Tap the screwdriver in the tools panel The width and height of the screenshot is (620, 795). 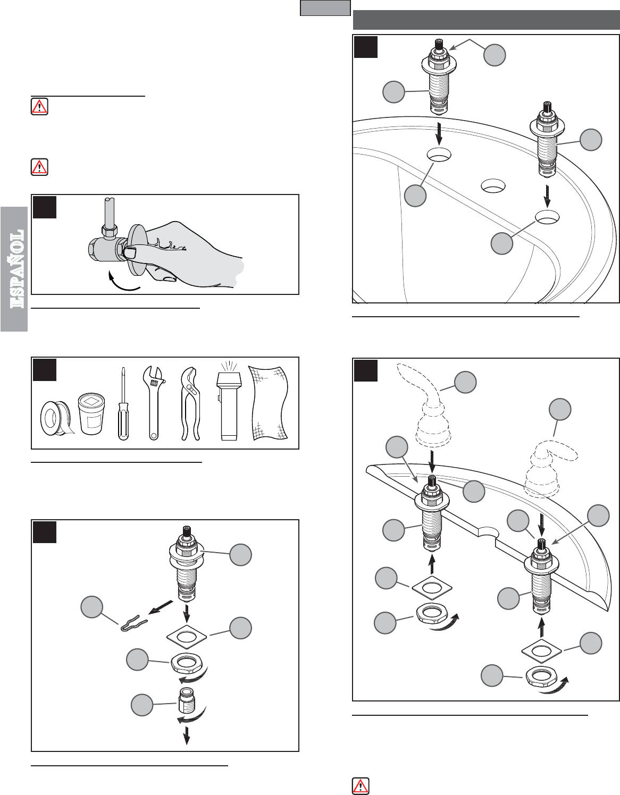pyautogui.click(x=123, y=404)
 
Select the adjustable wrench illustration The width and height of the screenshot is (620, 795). pyautogui.click(x=154, y=402)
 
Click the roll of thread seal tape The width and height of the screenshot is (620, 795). pyautogui.click(x=56, y=418)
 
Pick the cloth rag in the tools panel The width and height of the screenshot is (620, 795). pyautogui.click(x=269, y=402)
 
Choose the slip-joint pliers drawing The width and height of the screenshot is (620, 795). pyautogui.click(x=191, y=404)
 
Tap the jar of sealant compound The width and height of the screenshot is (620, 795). pyautogui.click(x=91, y=414)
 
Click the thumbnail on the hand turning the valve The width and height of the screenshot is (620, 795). pyautogui.click(x=130, y=252)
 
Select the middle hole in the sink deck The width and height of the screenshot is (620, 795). pyautogui.click(x=492, y=185)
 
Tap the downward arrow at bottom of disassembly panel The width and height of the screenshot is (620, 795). pyautogui.click(x=187, y=735)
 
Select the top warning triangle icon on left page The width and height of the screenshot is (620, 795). pyautogui.click(x=39, y=106)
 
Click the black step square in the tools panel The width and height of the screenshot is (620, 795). pyautogui.click(x=45, y=370)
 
